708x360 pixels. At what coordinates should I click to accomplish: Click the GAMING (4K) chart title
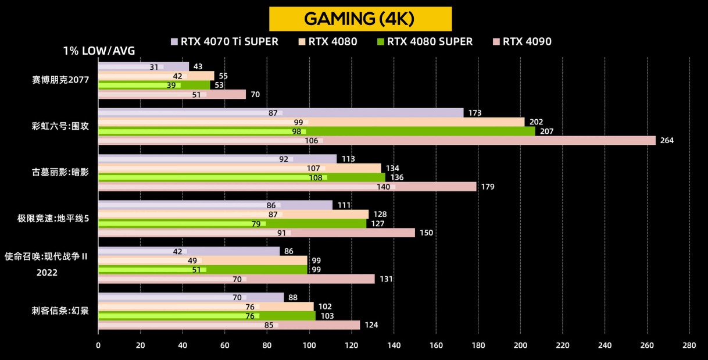tap(360, 19)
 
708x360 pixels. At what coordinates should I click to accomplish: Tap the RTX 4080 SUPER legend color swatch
tap(381, 41)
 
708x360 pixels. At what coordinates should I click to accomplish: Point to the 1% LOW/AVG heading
tap(99, 51)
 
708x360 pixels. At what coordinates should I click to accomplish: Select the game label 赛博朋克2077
tap(60, 80)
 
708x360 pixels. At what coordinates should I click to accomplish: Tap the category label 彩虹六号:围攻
tap(60, 126)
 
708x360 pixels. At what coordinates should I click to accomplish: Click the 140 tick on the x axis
tap(394, 345)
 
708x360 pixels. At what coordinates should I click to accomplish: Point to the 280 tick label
tap(689, 345)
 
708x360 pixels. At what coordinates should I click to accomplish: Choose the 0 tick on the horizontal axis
tap(98, 345)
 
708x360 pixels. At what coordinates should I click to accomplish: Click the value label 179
tap(488, 187)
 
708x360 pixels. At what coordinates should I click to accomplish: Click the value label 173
tap(474, 113)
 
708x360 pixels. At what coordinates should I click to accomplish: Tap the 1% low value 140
tap(383, 187)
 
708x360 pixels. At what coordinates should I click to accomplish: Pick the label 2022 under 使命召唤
tap(47, 272)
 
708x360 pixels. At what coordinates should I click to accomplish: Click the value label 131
tap(386, 279)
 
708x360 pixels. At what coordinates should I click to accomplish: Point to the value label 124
tap(371, 325)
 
